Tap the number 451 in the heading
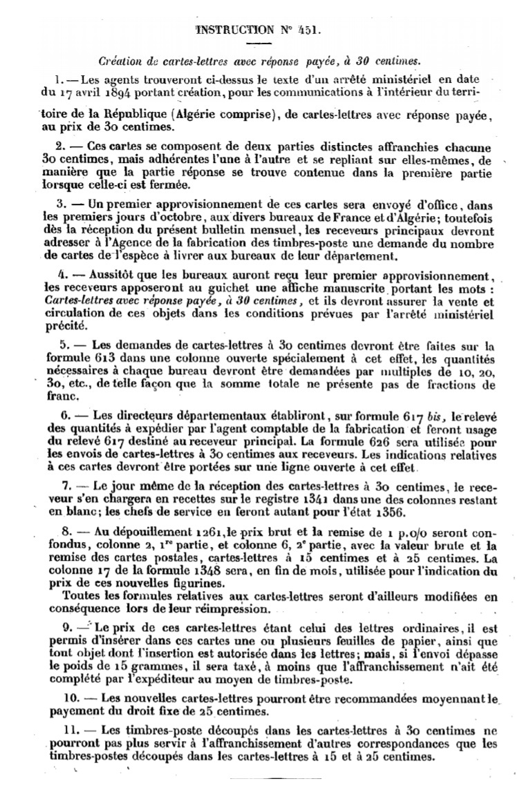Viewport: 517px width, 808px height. coord(307,30)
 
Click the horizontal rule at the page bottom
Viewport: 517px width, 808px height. coord(258,778)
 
